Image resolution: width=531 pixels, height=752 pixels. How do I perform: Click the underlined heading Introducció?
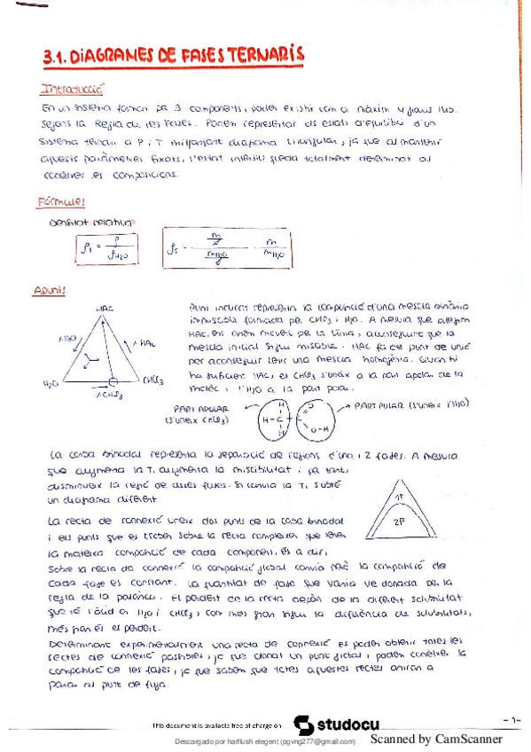(x=74, y=90)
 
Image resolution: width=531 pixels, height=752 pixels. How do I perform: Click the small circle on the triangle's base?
(x=113, y=382)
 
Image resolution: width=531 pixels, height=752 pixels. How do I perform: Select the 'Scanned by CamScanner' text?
(x=435, y=740)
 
